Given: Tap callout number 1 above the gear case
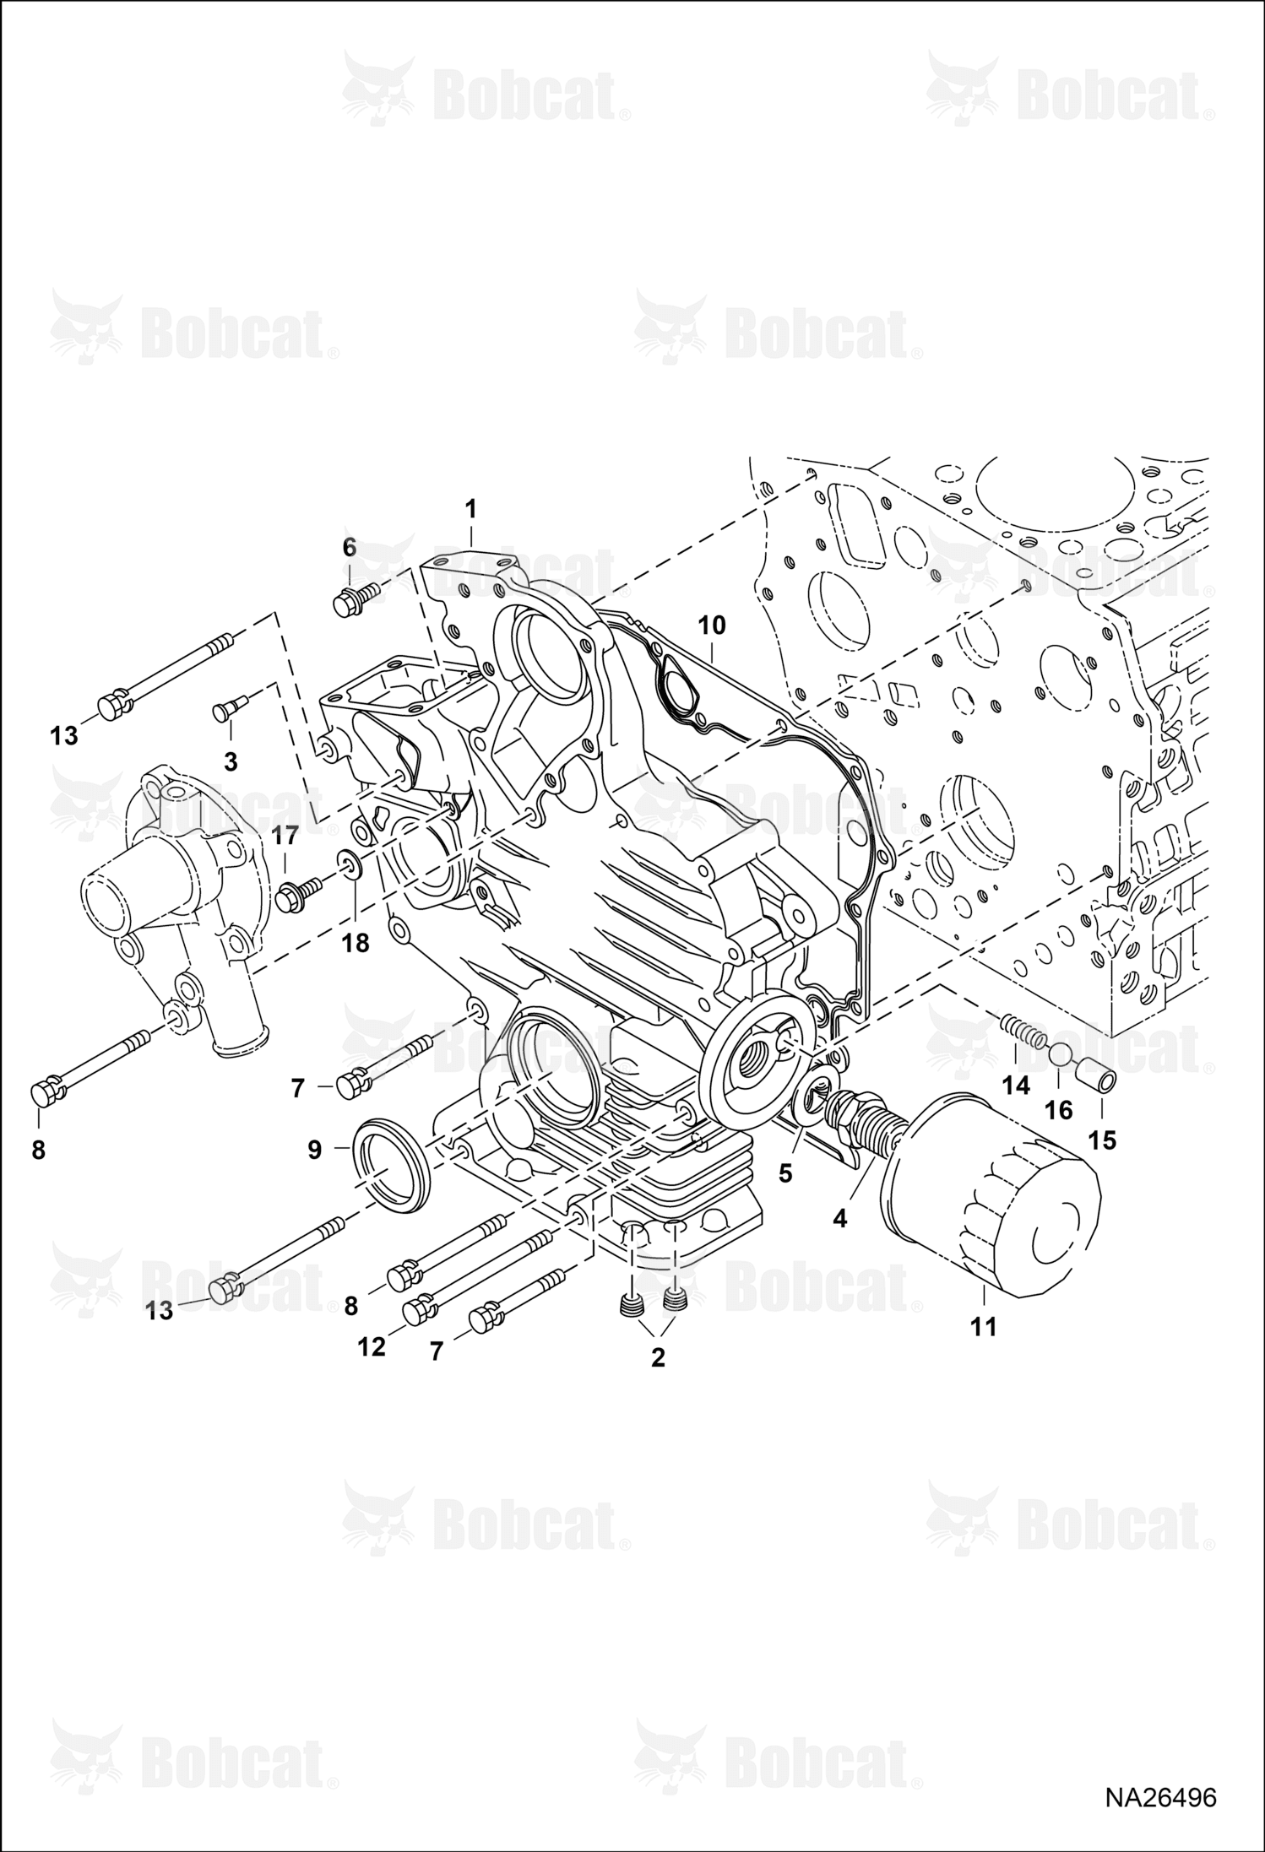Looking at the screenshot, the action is (471, 509).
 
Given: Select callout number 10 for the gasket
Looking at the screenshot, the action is (712, 625).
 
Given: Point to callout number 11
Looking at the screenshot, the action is (984, 1327).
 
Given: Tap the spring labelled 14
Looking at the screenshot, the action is (1023, 1032).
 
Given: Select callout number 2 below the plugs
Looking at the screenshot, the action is (658, 1357).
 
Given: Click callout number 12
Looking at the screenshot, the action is (371, 1347).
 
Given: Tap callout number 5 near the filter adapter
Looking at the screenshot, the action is (785, 1173).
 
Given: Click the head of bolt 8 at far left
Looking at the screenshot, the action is (48, 1094).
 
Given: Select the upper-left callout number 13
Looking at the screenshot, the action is (63, 735).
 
